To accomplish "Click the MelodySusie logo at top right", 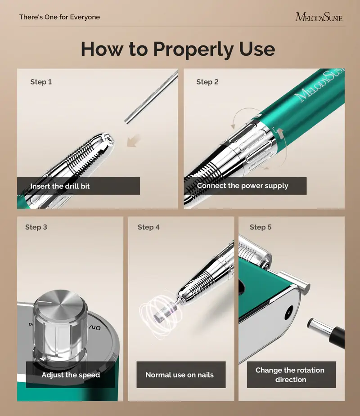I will [x=319, y=17].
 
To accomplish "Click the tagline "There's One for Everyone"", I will [x=59, y=17].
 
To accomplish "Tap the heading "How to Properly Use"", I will [x=178, y=49].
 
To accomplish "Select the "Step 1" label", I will [x=41, y=82].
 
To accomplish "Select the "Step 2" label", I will [x=207, y=82].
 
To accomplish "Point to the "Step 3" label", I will [x=36, y=227].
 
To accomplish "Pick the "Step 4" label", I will [x=148, y=227].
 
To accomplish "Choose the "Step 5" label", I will [x=261, y=227].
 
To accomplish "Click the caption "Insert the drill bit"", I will [x=60, y=186].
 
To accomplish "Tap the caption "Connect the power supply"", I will [x=243, y=186].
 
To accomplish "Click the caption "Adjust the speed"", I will [x=71, y=375].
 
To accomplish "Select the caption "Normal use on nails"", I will [x=180, y=375].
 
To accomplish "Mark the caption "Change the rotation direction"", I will [x=290, y=375].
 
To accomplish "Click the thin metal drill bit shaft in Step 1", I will [x=151, y=98].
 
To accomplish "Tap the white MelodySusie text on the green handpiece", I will [x=319, y=85].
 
